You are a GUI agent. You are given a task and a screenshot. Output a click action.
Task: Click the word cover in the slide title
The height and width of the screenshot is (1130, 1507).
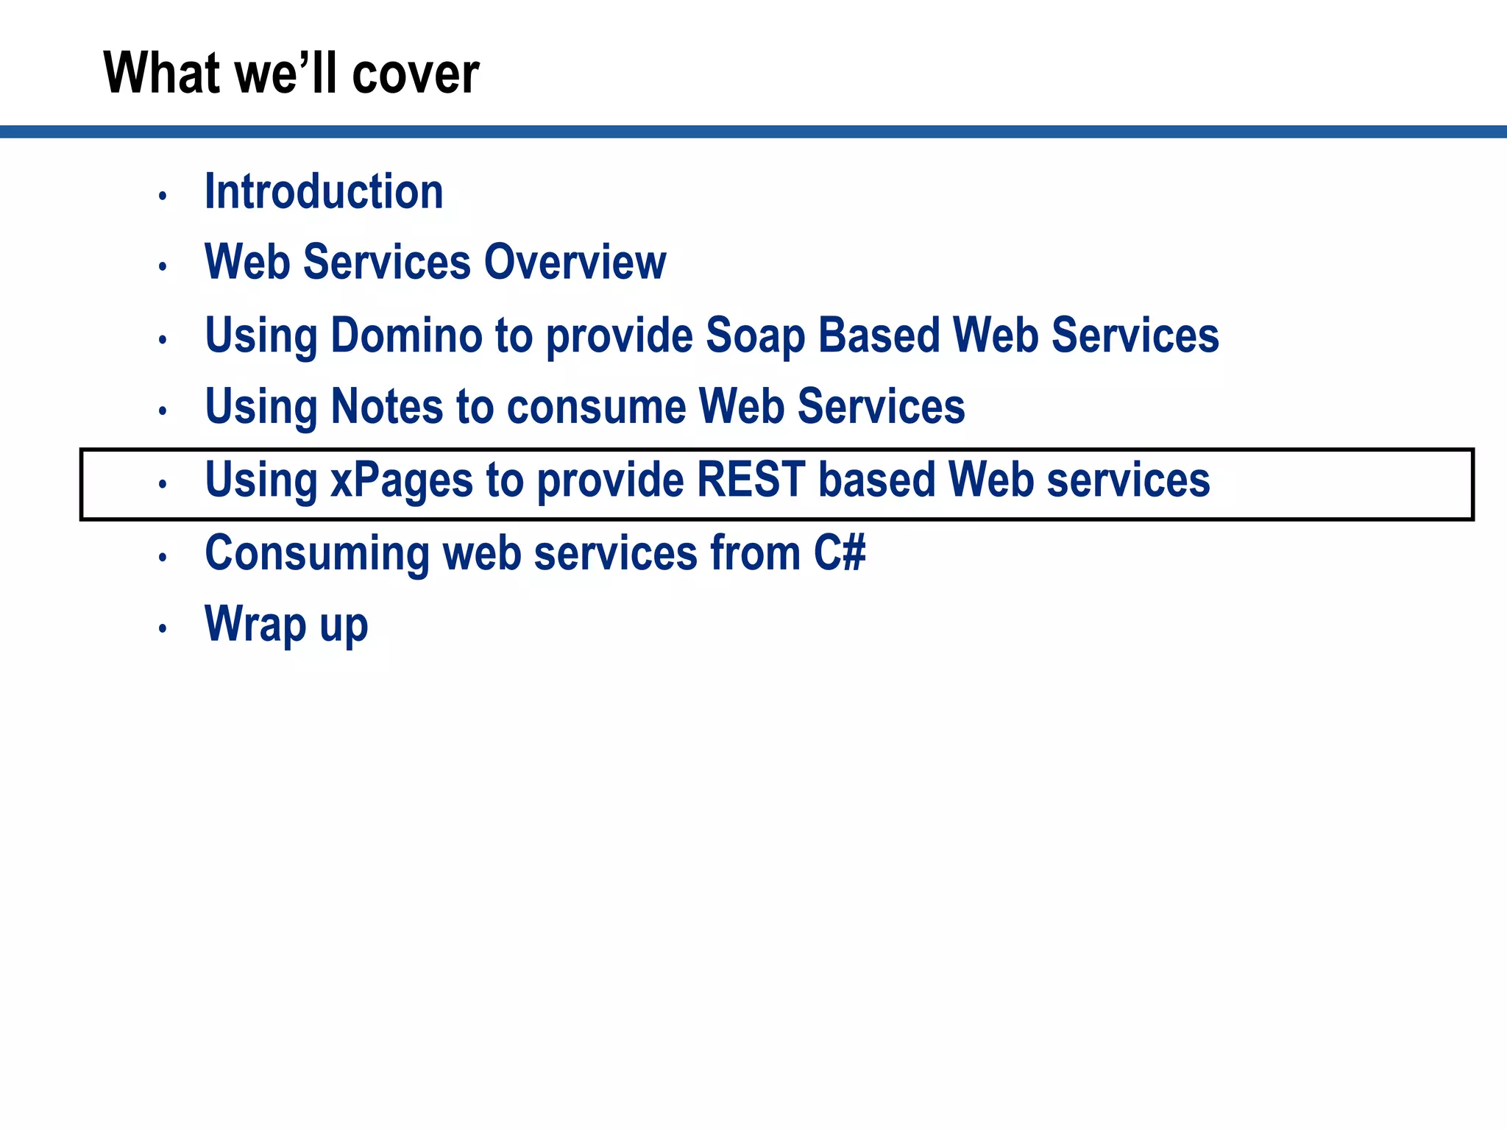416,74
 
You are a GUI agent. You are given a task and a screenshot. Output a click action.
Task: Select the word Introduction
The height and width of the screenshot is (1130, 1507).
324,191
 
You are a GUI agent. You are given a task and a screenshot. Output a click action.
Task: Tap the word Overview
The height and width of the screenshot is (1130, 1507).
575,262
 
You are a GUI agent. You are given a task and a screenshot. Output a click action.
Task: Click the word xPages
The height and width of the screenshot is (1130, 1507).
402,480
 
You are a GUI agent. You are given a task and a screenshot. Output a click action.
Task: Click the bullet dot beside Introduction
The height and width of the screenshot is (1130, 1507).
163,196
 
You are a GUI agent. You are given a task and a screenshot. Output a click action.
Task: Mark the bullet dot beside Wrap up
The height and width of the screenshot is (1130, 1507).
163,628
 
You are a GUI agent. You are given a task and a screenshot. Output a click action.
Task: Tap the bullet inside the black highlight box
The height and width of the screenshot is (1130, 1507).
163,484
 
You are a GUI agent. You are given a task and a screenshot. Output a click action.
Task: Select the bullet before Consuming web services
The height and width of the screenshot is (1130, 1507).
163,557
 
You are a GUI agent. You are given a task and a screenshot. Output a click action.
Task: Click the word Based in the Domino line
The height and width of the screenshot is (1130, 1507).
879,335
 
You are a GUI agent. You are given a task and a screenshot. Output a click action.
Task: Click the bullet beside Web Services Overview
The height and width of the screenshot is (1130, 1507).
163,266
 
